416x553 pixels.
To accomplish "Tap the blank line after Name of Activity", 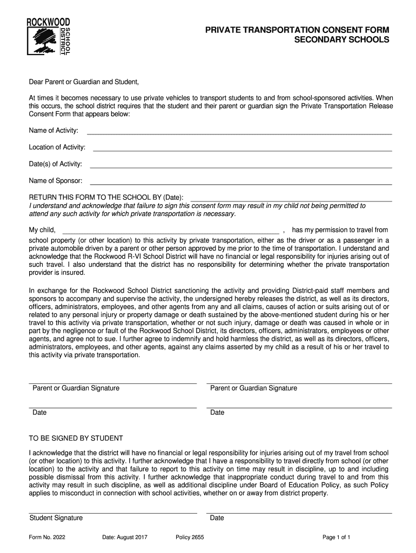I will coord(239,133).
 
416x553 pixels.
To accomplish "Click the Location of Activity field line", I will coord(243,150).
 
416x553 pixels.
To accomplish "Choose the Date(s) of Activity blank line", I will coord(240,167).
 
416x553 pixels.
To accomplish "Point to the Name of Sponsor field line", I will coord(240,184).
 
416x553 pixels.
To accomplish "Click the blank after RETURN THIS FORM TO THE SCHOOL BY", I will coord(291,200).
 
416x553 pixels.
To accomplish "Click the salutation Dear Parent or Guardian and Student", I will coord(84,82).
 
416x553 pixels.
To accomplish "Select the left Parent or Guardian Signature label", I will coord(76,388).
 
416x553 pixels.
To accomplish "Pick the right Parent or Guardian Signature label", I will coord(253,388).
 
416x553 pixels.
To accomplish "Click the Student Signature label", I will coord(56,518).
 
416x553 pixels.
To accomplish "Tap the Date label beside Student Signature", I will coord(217,518).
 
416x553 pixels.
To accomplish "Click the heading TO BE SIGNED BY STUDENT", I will coord(76,438).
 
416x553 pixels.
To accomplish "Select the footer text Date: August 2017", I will coord(125,537).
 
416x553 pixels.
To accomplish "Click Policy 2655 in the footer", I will coord(190,537).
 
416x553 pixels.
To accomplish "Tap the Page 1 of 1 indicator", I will coord(337,537).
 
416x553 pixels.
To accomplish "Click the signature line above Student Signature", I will coord(113,512).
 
